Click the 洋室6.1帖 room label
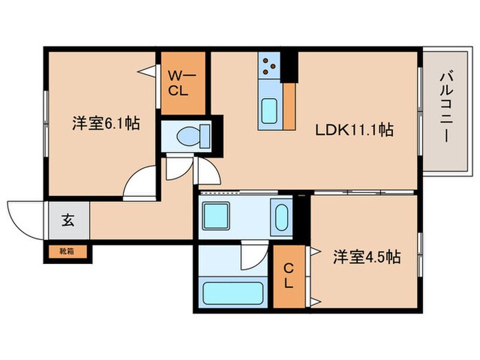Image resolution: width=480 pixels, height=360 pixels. pyautogui.click(x=106, y=124)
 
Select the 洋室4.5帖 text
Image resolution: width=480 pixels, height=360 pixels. pyautogui.click(x=367, y=257)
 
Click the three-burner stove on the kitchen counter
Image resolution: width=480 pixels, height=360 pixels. pyautogui.click(x=269, y=66)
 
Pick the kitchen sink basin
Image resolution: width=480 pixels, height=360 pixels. pyautogui.click(x=269, y=109)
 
